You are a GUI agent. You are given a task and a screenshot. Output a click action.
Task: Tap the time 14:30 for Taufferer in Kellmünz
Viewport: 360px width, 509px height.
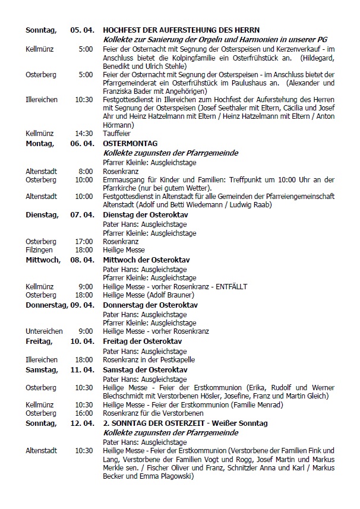(84, 134)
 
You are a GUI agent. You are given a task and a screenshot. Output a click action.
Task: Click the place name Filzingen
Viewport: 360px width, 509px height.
(39, 250)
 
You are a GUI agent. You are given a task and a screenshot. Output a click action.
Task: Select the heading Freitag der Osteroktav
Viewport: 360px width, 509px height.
(142, 342)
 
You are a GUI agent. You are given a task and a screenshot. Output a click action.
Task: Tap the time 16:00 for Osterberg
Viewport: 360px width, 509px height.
(84, 413)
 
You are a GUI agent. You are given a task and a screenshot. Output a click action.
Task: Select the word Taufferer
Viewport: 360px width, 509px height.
(115, 134)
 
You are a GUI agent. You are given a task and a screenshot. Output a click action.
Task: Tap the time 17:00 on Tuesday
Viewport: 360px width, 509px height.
(84, 242)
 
